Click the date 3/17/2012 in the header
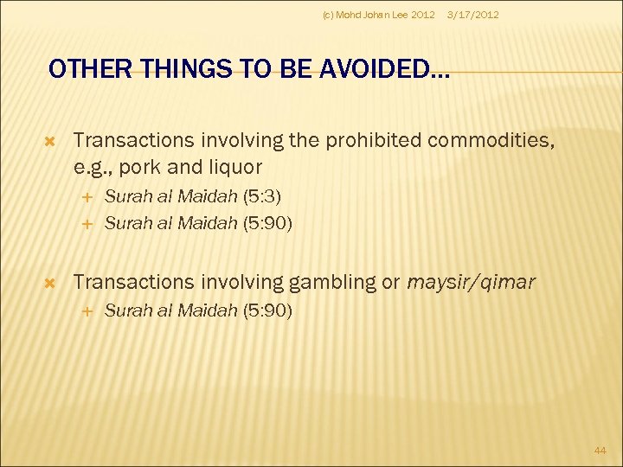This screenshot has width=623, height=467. coord(472,15)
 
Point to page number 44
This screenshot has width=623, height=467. coord(601,451)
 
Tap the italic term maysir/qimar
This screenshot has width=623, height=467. coord(472,282)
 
